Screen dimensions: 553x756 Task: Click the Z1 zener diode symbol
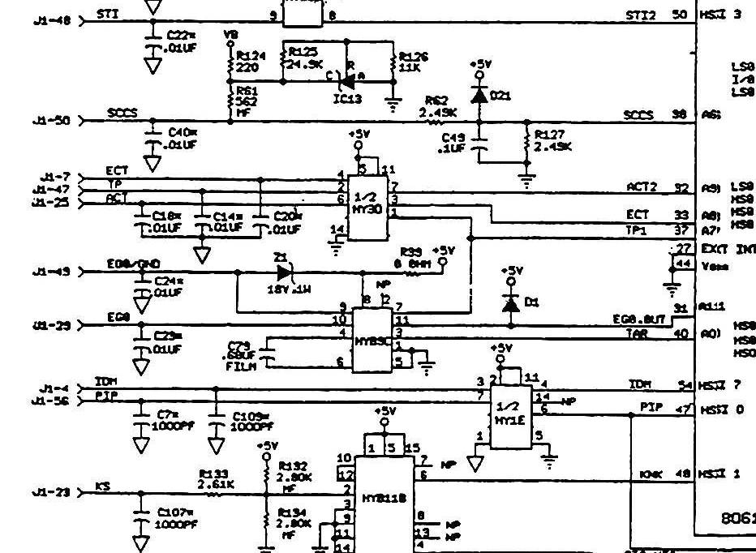tap(281, 272)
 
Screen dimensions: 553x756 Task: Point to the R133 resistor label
tap(214, 475)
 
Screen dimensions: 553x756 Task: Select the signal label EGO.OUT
tap(640, 319)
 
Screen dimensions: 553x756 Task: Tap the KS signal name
tap(102, 486)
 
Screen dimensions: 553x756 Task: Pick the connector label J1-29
tap(50, 326)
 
